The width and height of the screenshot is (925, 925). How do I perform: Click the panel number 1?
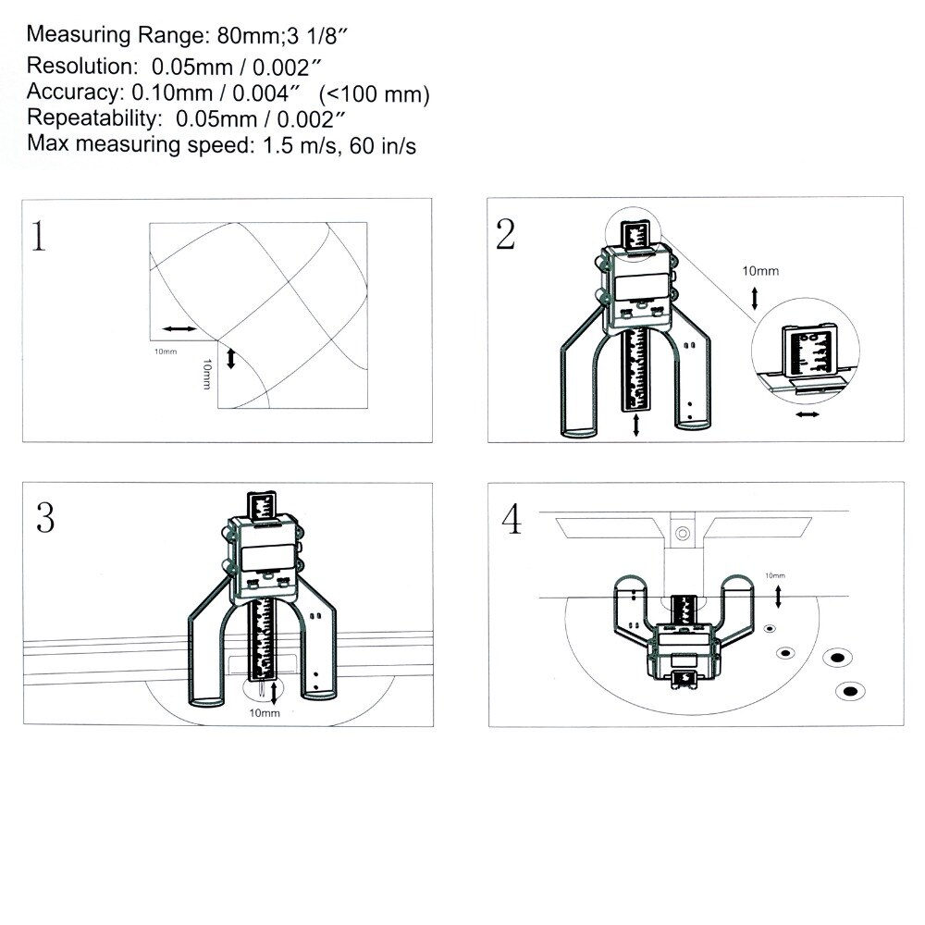(x=38, y=236)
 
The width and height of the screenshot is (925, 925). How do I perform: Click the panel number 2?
(x=506, y=234)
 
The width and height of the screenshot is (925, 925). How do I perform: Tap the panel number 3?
(x=45, y=518)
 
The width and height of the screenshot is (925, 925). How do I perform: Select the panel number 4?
(x=512, y=520)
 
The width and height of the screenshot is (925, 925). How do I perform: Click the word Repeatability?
(x=93, y=118)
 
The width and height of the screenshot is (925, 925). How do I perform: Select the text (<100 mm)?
(x=374, y=93)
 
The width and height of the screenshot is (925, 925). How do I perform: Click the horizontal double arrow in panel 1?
(x=179, y=328)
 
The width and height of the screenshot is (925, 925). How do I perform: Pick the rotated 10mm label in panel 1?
(x=206, y=374)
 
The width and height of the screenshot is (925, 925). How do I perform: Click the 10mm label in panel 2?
(x=760, y=271)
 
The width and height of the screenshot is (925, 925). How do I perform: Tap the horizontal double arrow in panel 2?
(x=807, y=414)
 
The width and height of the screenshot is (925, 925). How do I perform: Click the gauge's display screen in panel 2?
(x=641, y=286)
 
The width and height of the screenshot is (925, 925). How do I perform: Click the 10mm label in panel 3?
(x=265, y=713)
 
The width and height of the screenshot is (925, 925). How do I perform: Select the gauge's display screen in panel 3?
(x=268, y=556)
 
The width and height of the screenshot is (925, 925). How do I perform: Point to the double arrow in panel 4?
(x=778, y=597)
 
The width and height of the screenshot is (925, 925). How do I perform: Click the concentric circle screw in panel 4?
(x=683, y=534)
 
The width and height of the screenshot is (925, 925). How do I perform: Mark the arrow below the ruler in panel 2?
(x=636, y=425)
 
